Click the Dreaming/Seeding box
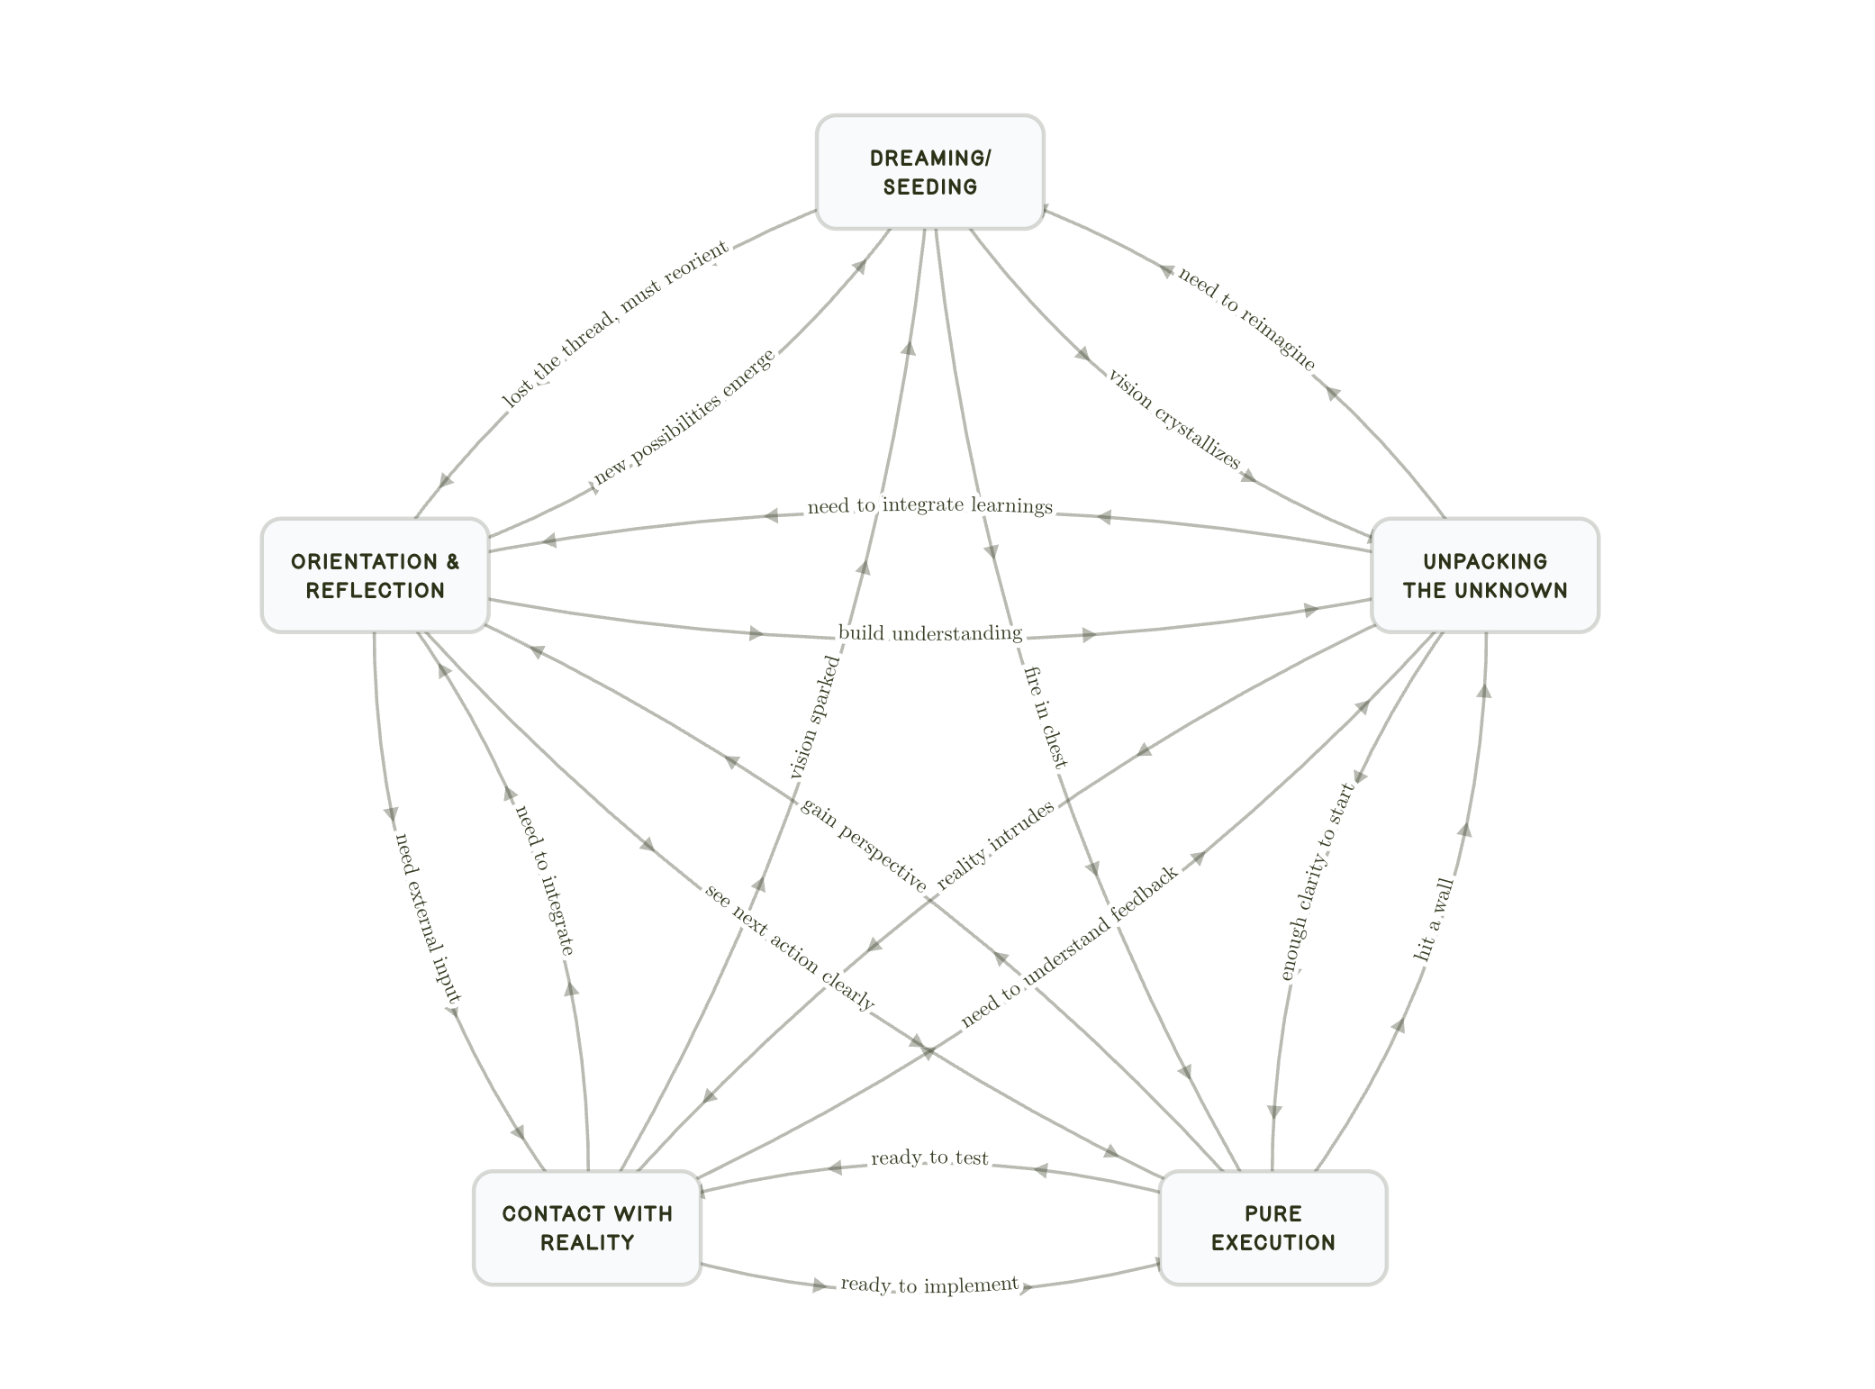click(929, 172)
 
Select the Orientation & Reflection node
click(375, 576)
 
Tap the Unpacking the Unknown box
click(1484, 576)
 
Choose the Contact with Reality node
click(587, 1228)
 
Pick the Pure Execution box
click(1273, 1228)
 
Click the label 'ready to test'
click(929, 1158)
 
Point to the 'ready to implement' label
click(929, 1285)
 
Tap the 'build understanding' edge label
click(929, 633)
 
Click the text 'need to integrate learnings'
click(929, 505)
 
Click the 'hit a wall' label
click(1434, 919)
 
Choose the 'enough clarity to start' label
click(1317, 881)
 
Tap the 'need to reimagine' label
click(1246, 318)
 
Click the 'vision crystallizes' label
click(1173, 418)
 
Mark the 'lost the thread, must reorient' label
click(614, 324)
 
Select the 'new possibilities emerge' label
click(684, 416)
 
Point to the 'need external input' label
click(428, 917)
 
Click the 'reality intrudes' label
click(995, 845)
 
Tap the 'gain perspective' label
click(863, 845)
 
